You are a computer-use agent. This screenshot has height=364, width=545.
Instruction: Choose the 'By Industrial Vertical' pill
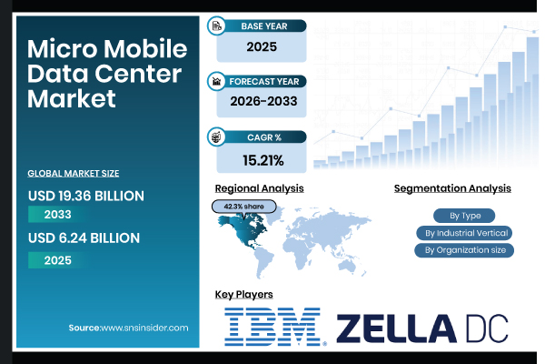click(x=463, y=233)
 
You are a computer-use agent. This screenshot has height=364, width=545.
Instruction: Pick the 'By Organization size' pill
click(x=463, y=250)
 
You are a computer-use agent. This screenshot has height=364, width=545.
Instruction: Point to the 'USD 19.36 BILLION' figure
click(x=86, y=196)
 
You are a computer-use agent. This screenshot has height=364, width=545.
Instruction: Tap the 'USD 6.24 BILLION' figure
click(x=84, y=238)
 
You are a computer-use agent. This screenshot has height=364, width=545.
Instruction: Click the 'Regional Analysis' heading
click(x=259, y=188)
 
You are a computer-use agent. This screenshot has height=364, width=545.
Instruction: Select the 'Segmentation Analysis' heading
click(x=452, y=188)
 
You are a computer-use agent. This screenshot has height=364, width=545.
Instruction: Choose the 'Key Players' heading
click(x=243, y=295)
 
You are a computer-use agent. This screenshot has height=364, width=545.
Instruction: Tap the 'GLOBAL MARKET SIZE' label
click(x=74, y=173)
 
